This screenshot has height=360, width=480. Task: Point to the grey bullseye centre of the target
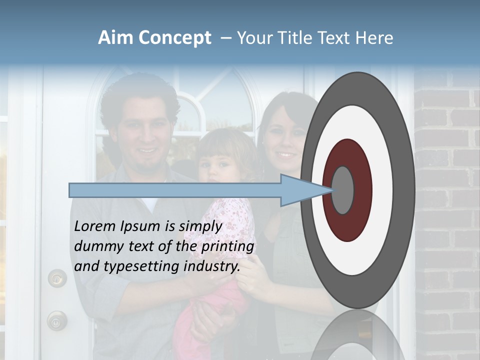[x=343, y=190]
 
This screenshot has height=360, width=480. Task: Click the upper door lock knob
[x=57, y=277]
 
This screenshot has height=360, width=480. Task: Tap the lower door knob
[x=56, y=320]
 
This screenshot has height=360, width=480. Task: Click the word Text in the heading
[x=340, y=38]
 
